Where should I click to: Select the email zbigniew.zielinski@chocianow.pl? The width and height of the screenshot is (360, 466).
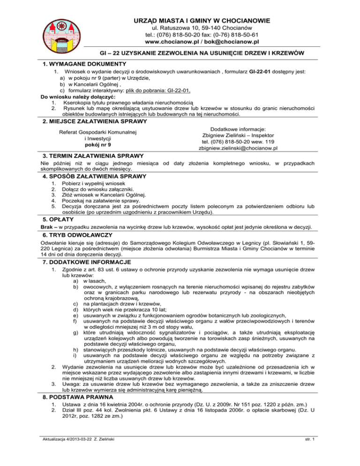(x=232, y=148)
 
